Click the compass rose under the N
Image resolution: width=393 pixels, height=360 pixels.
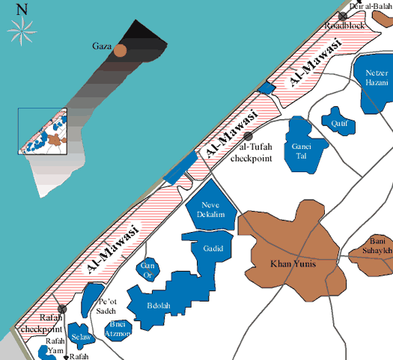pyautogui.click(x=22, y=29)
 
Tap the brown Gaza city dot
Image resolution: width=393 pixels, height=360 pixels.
pyautogui.click(x=120, y=50)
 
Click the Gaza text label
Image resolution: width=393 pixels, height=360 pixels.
pyautogui.click(x=100, y=46)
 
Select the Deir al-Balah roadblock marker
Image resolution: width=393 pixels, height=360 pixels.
pyautogui.click(x=342, y=16)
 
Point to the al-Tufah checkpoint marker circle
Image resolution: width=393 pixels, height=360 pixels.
pyautogui.click(x=249, y=135)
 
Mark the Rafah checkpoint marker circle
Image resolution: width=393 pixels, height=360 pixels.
pyautogui.click(x=63, y=308)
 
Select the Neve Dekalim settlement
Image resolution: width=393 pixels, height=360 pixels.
pyautogui.click(x=211, y=210)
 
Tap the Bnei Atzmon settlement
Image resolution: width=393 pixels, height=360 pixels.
pyautogui.click(x=119, y=329)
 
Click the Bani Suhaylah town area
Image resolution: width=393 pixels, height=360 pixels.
pyautogui.click(x=374, y=254)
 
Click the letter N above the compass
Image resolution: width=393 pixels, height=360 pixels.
pyautogui.click(x=22, y=9)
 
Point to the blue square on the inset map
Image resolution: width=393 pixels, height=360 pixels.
pyautogui.click(x=43, y=131)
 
